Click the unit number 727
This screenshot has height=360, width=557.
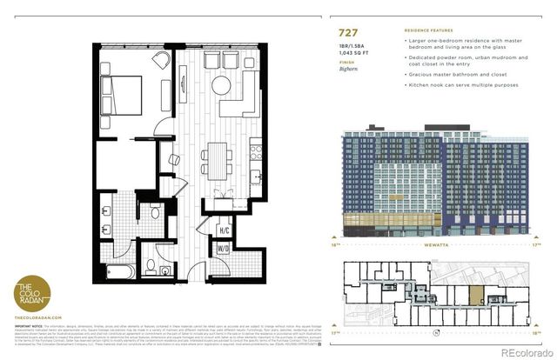pyautogui.click(x=349, y=33)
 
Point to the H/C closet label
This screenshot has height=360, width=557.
pyautogui.click(x=224, y=230)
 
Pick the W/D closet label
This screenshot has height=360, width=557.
pyautogui.click(x=224, y=248)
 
